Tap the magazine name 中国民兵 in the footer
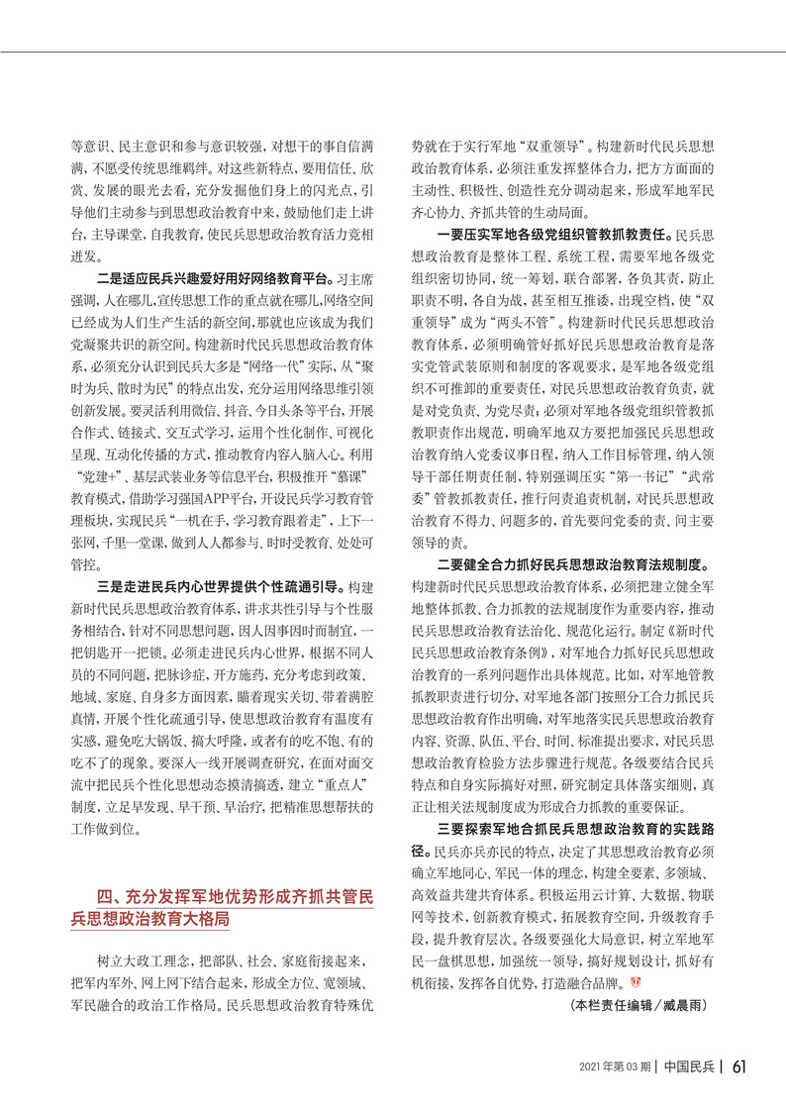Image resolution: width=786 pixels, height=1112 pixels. pos(690,1066)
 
